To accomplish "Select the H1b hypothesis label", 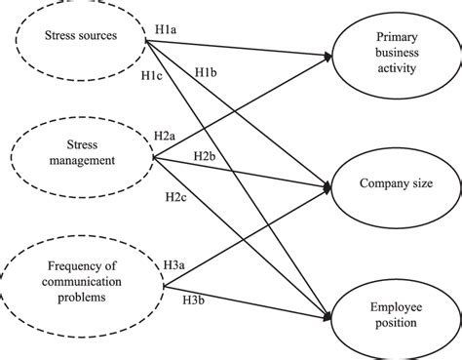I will click(206, 74).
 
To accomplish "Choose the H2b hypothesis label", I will click(206, 155).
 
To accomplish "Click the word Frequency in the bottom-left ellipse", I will click(76, 262).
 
